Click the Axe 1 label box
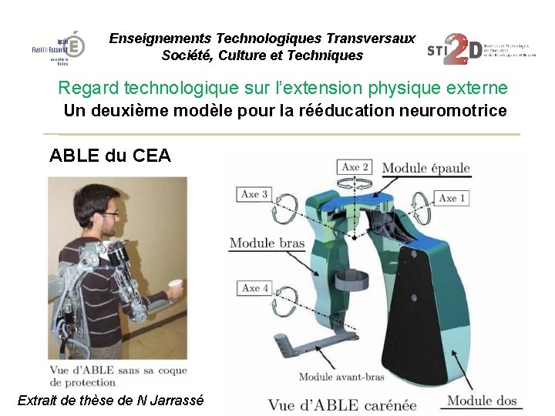pyautogui.click(x=452, y=199)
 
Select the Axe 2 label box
pyautogui.click(x=355, y=167)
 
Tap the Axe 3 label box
pyautogui.click(x=254, y=195)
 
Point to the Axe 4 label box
pyautogui.click(x=255, y=288)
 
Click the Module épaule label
pyautogui.click(x=425, y=169)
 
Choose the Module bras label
pyautogui.click(x=267, y=243)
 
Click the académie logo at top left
pyautogui.click(x=71, y=49)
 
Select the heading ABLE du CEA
pyautogui.click(x=110, y=156)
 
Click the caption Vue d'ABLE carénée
pyautogui.click(x=342, y=404)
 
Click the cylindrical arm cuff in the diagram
pyautogui.click(x=355, y=280)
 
